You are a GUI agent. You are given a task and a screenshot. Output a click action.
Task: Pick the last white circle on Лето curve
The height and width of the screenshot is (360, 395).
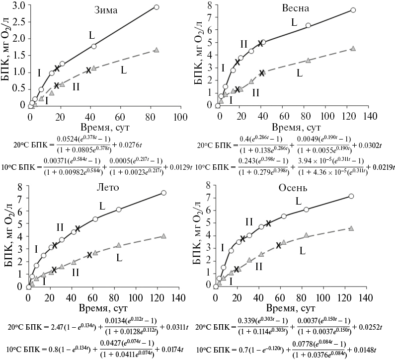click(163, 193)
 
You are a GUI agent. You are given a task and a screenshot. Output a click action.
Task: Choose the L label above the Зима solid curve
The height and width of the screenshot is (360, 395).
click(92, 35)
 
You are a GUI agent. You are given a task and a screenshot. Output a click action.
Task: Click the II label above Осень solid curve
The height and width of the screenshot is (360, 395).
click(249, 221)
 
